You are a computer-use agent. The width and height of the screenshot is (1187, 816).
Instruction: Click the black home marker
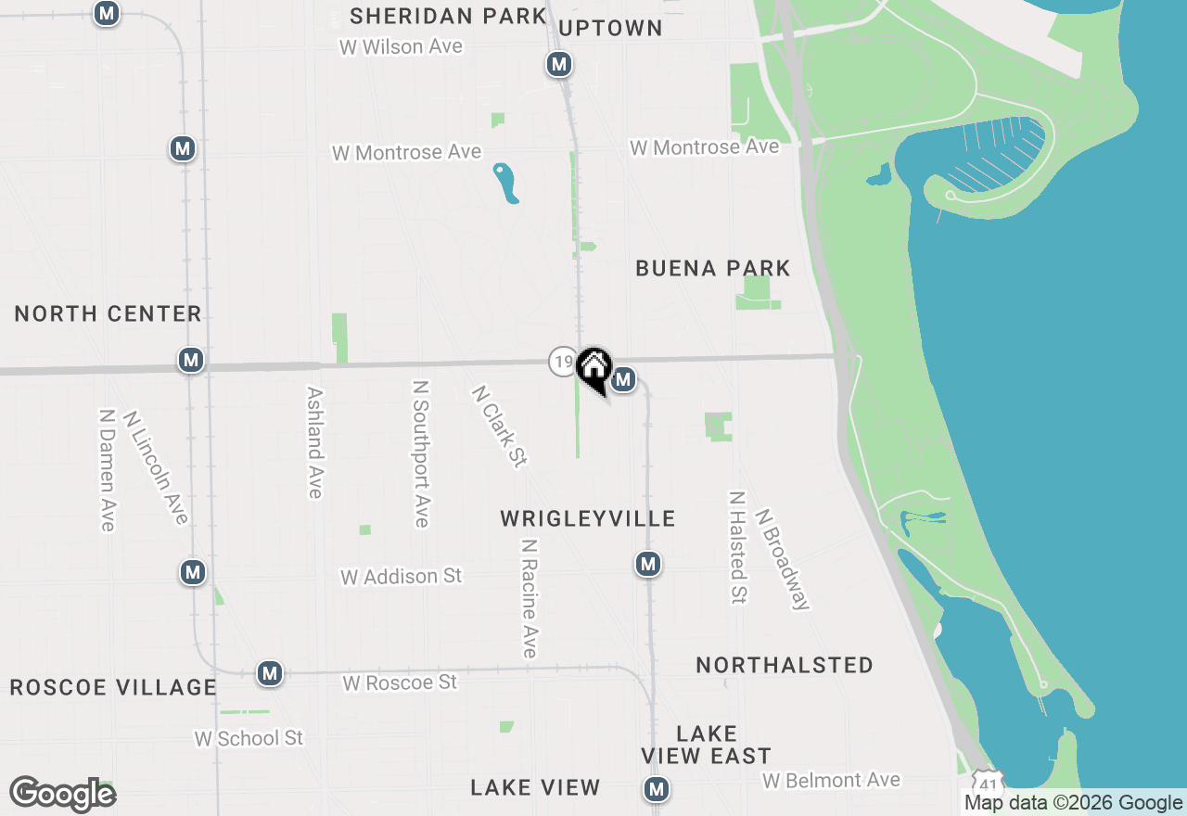click(x=593, y=368)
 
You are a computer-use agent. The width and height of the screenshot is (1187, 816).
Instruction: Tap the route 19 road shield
click(x=562, y=361)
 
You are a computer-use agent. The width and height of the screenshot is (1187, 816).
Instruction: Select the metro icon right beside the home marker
click(x=623, y=379)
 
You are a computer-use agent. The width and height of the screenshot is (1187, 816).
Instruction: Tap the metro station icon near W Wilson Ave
click(x=558, y=64)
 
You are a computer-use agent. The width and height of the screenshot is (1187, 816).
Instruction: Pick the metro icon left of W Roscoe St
click(x=270, y=673)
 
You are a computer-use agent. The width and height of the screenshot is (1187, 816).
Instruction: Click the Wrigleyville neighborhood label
click(x=588, y=518)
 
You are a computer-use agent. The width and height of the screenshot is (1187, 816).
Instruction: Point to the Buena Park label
click(x=713, y=269)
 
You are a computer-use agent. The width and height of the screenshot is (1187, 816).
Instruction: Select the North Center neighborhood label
click(x=108, y=313)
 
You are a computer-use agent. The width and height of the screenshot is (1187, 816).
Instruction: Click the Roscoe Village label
click(x=113, y=687)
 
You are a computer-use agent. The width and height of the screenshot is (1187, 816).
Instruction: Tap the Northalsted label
click(x=785, y=665)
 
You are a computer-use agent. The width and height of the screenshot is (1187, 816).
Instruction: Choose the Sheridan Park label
click(x=449, y=16)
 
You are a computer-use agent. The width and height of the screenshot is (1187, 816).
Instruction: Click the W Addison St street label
click(x=401, y=577)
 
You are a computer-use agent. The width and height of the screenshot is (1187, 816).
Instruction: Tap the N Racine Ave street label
click(x=530, y=598)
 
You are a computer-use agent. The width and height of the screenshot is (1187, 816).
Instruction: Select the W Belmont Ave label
click(x=831, y=781)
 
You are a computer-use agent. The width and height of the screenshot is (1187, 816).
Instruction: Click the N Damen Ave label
click(x=108, y=470)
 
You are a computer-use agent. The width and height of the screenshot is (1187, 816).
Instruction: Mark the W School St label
click(x=249, y=738)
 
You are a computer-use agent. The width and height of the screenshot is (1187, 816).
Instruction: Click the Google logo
click(x=62, y=794)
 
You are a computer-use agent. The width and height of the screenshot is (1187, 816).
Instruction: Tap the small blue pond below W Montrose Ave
click(x=505, y=183)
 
